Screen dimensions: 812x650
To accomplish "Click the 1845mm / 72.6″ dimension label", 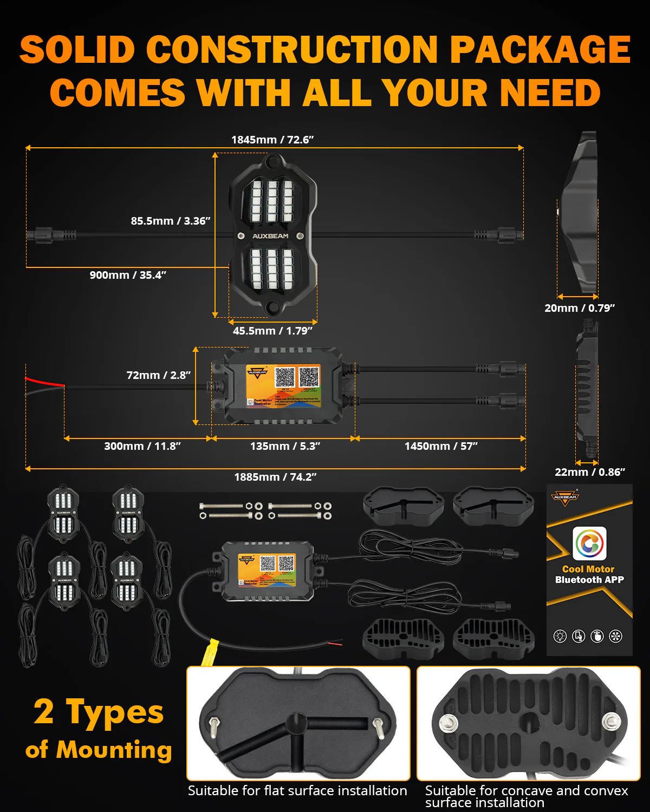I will coord(272,140).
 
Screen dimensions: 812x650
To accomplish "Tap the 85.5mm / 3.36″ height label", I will coord(170,221).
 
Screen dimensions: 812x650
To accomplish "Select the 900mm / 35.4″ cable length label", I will coord(128,275).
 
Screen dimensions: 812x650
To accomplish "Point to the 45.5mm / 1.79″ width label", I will coord(272,331).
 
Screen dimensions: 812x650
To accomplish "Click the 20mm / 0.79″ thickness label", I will coord(580,308).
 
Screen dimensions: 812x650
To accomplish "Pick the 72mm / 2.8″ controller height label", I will coord(158,375).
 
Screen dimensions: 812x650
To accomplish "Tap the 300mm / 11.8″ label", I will coord(142,446).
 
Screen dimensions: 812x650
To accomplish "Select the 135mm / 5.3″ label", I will coord(285,446).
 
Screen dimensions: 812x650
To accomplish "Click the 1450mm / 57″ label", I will coord(441,446).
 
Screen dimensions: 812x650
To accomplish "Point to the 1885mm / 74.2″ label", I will coord(275,477).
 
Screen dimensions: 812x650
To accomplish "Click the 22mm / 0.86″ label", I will coord(590,472).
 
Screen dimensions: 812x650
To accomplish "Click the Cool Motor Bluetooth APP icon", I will coord(589,543).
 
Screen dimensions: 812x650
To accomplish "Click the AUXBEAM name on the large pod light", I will coord(270,236).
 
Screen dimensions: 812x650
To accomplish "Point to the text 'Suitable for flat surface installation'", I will coord(297,791).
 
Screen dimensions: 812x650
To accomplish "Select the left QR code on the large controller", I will coord(285,377).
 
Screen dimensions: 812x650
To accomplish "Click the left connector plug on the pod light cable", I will coord(40,235).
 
